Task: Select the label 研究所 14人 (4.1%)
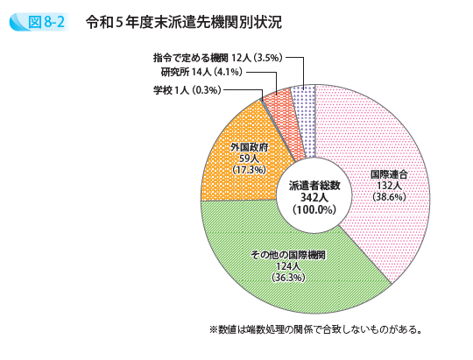[208, 74]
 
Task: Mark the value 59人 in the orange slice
[248, 159]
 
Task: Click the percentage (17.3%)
[248, 170]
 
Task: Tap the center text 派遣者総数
[313, 187]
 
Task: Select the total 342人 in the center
[313, 198]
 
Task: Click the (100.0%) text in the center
[313, 210]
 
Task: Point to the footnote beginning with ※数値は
[316, 330]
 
